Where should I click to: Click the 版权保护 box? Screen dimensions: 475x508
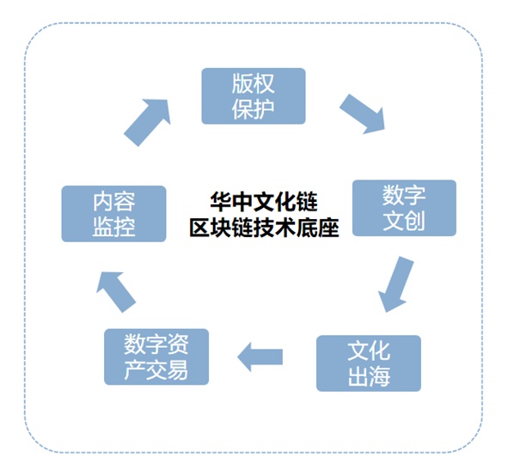coord(254,95)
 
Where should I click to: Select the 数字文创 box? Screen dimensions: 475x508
coord(404,207)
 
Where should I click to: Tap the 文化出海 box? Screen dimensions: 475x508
coord(369,362)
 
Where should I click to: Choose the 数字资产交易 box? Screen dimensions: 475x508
coord(156,356)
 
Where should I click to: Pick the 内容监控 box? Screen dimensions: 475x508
coord(113,214)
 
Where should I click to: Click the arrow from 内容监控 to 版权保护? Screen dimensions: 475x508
coord(147,121)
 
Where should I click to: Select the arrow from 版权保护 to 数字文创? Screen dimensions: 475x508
coord(362,113)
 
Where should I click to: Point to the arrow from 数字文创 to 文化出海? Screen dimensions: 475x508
coord(396,284)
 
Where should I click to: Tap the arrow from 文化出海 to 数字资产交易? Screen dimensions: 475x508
coord(260,356)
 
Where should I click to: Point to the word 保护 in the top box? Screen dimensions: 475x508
coord(254,109)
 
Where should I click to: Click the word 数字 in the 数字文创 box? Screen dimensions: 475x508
coord(404,195)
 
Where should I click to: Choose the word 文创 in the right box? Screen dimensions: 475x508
coord(404,220)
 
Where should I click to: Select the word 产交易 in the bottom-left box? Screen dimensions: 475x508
coord(156,369)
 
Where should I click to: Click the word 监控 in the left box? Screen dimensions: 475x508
coord(113,227)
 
